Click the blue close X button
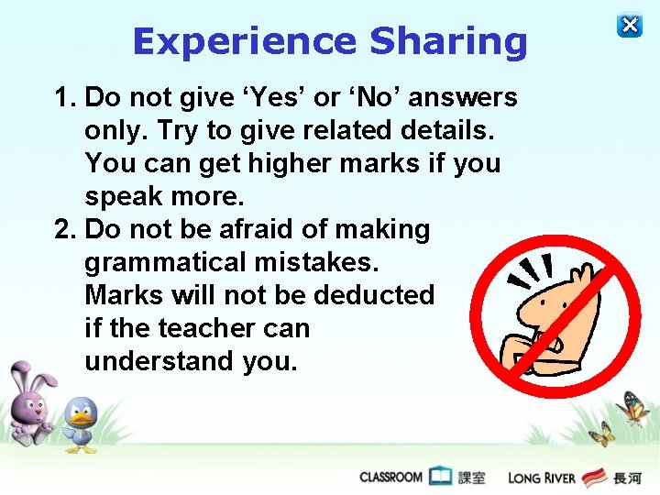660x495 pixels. coord(630,25)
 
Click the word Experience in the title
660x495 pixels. coord(244,42)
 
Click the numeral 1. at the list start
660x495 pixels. coord(67,97)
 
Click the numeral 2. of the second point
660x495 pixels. coord(67,229)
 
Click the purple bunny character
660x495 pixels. coord(30,403)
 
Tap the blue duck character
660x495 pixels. coord(82,424)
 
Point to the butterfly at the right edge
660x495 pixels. coord(634,408)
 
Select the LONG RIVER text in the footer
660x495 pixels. coord(541,478)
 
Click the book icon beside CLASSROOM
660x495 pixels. coord(441,477)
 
